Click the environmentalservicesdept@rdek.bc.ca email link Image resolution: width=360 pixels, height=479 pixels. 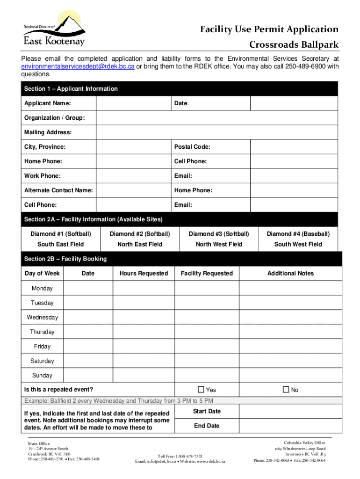[78, 67]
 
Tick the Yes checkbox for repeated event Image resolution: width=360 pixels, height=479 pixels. [201, 390]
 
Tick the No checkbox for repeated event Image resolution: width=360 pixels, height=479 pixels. [286, 390]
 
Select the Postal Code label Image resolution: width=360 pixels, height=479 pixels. [192, 147]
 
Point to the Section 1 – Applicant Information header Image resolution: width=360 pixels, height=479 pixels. [71, 89]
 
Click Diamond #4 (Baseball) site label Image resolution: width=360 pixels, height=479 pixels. [298, 234]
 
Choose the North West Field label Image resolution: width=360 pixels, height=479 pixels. [219, 244]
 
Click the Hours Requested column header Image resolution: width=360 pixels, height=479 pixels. [144, 273]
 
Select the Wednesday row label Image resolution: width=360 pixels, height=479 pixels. [42, 318]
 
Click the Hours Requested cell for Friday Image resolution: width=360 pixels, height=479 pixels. [144, 347]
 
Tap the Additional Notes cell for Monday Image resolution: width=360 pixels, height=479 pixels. [290, 289]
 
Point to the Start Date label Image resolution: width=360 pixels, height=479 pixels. [207, 411]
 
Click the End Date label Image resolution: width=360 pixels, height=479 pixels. [207, 426]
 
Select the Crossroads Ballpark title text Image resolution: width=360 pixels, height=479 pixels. [294, 45]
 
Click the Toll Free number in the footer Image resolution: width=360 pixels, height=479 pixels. [180, 456]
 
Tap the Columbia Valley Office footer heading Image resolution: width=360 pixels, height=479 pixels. [304, 443]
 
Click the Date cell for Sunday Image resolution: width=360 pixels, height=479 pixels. [88, 376]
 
